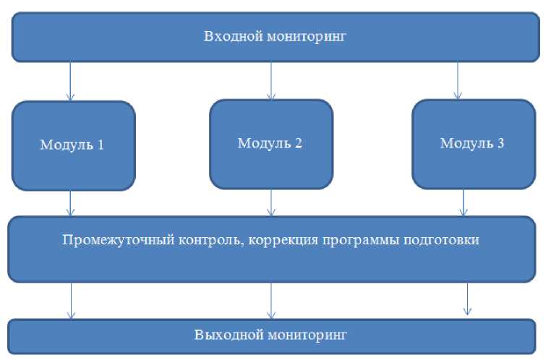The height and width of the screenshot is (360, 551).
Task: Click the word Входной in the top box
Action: click(x=232, y=36)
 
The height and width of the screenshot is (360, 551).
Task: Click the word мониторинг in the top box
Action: click(x=306, y=37)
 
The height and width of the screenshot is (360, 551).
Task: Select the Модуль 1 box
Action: click(x=74, y=146)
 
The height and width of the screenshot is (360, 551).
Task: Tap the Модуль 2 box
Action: click(x=271, y=145)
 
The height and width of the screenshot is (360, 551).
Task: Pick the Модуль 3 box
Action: click(x=474, y=145)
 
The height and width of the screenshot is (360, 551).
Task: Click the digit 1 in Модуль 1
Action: click(x=101, y=145)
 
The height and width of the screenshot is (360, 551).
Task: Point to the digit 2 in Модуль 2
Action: click(x=298, y=143)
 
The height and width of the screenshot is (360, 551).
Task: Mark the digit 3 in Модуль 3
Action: click(x=500, y=143)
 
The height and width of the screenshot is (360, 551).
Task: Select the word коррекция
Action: click(x=283, y=241)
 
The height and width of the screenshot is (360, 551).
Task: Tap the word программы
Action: click(x=360, y=241)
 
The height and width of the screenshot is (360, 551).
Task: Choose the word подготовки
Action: click(x=441, y=241)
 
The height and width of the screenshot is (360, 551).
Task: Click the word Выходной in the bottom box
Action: click(x=229, y=335)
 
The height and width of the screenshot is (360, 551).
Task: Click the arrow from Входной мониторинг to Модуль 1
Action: click(x=70, y=81)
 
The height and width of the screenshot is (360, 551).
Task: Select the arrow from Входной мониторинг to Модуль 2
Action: click(x=271, y=81)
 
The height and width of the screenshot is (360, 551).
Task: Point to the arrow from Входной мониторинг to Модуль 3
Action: click(x=458, y=81)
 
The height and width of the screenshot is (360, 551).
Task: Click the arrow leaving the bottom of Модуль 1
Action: click(x=70, y=203)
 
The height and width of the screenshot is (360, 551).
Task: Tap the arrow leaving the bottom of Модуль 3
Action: click(x=464, y=202)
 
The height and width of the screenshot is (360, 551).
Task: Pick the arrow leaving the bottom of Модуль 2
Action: click(x=271, y=202)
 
